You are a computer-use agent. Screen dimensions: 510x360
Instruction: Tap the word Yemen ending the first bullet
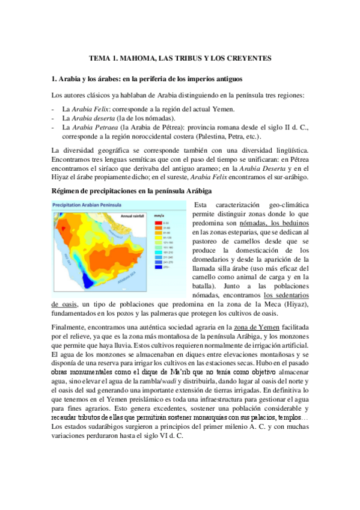[224, 109]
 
